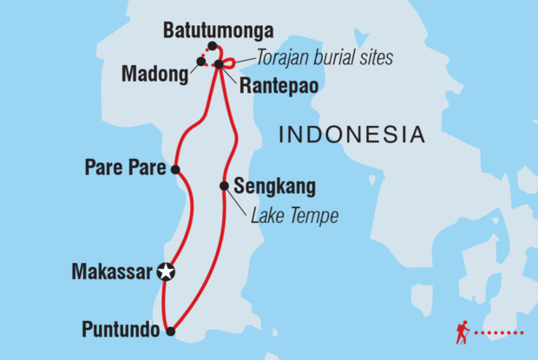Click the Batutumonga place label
(218, 31)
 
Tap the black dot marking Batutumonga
(212, 46)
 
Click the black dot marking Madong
(200, 62)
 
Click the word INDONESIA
(351, 134)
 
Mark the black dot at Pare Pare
(175, 170)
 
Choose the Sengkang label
(275, 186)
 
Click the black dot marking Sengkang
(224, 185)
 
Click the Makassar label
(113, 272)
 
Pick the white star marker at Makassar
(166, 272)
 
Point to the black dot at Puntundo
(171, 331)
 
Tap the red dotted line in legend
(502, 333)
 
